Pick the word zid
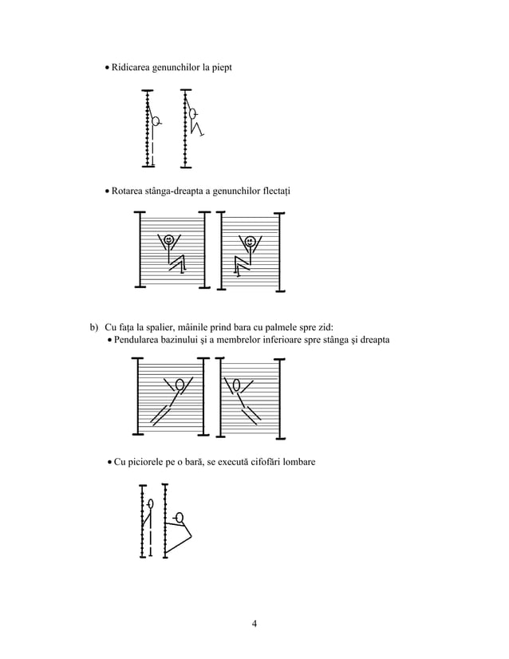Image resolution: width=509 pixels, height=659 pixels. (325, 327)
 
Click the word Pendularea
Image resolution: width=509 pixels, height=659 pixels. (142, 341)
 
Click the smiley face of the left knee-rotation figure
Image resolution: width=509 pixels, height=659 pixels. (168, 240)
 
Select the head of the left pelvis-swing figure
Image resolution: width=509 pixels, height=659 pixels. (180, 385)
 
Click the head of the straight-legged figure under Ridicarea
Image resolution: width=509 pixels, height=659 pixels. (157, 121)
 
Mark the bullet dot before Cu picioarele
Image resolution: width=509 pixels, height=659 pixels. (109, 464)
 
